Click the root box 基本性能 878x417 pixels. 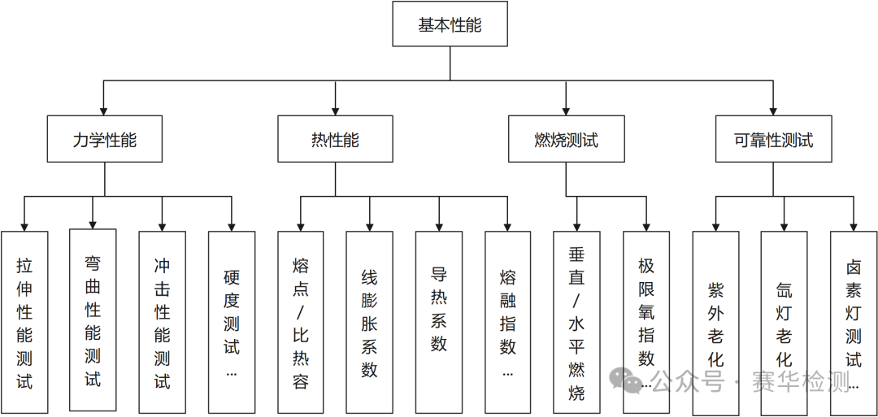450,24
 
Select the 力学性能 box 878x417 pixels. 104,139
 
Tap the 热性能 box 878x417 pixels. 335,139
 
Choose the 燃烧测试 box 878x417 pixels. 566,139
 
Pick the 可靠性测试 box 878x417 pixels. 773,139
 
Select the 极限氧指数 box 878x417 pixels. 646,313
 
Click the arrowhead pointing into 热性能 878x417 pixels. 335,110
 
